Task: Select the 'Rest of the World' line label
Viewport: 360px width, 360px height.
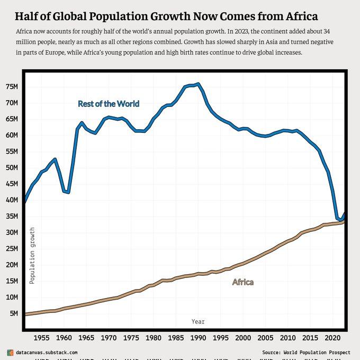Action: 109,104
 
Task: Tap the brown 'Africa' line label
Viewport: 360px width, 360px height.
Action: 243,282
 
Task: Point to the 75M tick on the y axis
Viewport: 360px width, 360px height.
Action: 12,86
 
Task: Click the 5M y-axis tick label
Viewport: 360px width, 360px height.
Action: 14,313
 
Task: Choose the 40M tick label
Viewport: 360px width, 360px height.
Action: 12,200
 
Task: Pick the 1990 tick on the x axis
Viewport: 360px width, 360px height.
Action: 198,337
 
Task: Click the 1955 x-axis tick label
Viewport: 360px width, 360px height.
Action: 41,337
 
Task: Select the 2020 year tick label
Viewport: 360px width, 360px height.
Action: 332,337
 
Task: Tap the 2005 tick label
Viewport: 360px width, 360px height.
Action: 265,337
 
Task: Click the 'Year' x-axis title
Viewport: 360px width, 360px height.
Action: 198,321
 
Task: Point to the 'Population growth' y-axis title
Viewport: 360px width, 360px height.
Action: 32,256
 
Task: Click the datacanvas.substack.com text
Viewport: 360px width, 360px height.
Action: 47,352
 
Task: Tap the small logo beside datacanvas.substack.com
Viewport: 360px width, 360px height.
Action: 10,352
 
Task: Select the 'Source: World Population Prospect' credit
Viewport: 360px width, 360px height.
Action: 306,352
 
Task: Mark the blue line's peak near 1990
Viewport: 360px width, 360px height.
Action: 198,84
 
